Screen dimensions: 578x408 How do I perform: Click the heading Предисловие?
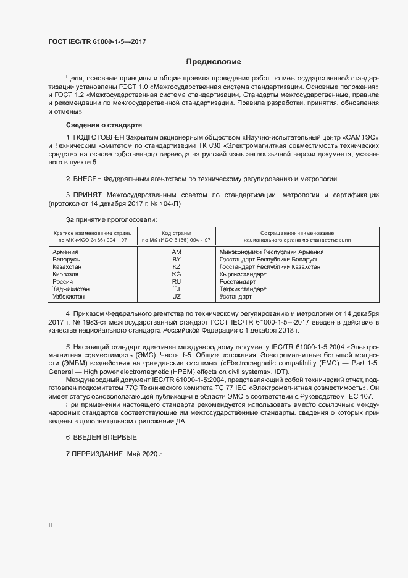214,62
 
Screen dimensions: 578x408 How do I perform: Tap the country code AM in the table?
176,252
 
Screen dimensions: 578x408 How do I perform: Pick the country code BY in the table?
176,260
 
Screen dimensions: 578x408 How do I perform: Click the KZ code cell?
176,266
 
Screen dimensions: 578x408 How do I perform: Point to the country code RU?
176,281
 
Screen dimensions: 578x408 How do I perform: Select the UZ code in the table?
176,296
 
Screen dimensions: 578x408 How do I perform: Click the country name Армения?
65,252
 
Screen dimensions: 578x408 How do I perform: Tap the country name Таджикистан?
72,289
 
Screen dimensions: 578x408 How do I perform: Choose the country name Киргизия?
67,274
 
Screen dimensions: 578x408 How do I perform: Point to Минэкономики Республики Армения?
272,252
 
